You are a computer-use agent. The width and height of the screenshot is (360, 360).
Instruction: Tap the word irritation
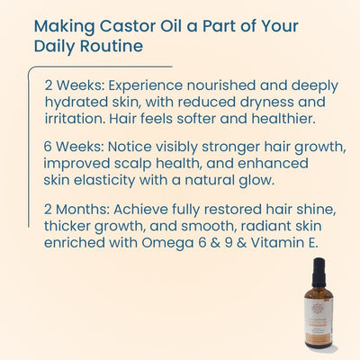pos(76,117)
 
